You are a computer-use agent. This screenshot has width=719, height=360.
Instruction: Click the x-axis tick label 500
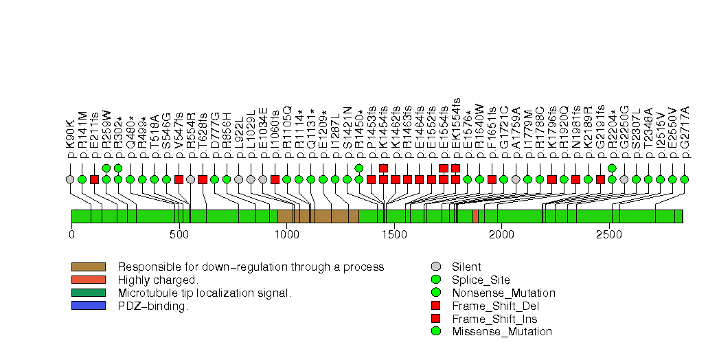179,234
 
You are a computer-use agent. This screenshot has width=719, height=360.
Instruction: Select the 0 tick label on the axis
71,234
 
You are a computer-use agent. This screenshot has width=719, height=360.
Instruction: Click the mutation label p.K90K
70,143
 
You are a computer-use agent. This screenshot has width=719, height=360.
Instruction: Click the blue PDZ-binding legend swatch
88,306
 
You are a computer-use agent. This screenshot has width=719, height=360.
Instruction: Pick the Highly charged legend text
158,280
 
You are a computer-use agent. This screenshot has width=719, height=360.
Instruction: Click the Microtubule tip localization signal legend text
205,293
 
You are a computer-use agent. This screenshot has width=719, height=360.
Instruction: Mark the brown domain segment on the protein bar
318,216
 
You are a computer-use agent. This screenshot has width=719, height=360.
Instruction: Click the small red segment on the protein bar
475,216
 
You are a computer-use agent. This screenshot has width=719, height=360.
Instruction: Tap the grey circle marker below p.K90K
70,179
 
